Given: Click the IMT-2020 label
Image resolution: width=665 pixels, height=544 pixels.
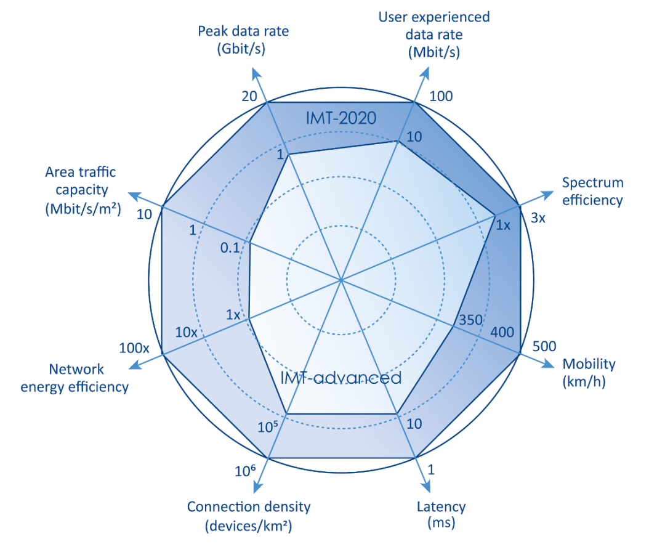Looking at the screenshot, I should pos(341,118).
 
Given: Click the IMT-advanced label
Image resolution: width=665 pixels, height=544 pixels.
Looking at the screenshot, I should pos(341,377).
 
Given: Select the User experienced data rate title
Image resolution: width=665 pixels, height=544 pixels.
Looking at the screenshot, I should pos(434,35).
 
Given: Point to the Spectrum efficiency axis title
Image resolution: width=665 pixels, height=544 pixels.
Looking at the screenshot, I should pos(593,191).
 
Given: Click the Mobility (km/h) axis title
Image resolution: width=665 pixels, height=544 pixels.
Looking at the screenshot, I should pos(589,373).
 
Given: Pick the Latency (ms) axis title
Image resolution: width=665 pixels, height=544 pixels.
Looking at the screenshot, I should pos(441,515).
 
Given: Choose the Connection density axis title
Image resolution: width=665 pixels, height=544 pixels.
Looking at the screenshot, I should pos(248,516).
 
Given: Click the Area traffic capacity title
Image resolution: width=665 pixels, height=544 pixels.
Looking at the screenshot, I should pos(83,191).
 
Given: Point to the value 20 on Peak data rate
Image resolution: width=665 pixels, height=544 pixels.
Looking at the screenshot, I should pos(249,97).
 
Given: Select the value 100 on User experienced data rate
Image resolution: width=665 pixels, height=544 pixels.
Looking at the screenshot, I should pos(440,97).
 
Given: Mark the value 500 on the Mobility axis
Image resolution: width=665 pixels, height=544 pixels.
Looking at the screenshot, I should pos(544,346).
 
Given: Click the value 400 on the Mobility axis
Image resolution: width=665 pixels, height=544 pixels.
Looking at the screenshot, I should pos(502,332).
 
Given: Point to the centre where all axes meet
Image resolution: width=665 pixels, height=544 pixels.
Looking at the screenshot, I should pos(341,280).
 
